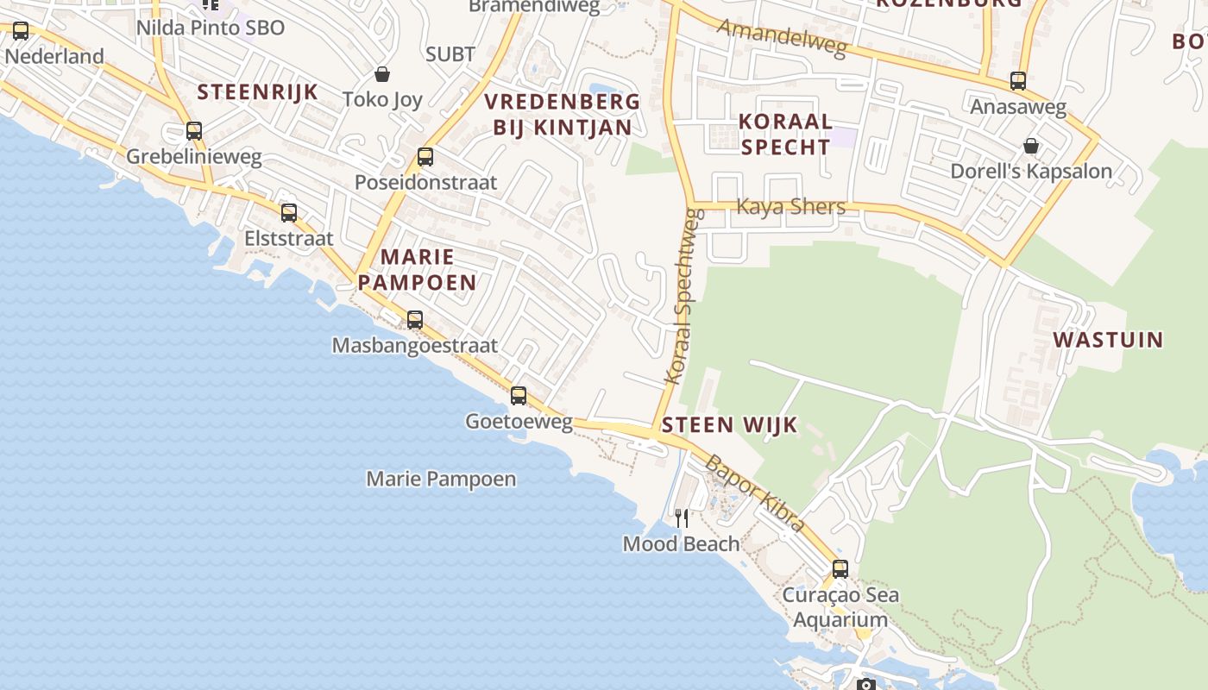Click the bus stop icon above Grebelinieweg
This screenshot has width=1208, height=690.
pos(194,131)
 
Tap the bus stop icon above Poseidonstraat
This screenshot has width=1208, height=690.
pos(425,157)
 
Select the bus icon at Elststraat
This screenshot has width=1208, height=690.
pos(289,212)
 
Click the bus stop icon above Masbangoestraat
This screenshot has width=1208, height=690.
pos(415,320)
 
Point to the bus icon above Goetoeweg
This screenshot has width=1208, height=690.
pos(519,396)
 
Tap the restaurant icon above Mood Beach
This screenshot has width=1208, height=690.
pos(682,517)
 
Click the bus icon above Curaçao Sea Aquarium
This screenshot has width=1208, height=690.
pos(840,569)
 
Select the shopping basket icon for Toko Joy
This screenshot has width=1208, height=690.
pos(382,75)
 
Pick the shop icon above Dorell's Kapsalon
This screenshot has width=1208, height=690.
pos(1030,146)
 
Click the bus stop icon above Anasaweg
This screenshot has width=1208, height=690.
pos(1018,82)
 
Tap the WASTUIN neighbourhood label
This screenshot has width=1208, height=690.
pos(1108,340)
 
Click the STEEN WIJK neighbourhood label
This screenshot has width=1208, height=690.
pos(729,425)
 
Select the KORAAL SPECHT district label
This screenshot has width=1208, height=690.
pos(785,134)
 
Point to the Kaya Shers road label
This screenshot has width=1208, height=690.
pos(790,207)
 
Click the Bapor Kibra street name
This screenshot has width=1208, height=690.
pos(755,493)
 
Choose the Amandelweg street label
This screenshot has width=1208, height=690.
pos(781,38)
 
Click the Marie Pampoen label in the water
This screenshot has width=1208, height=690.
pos(441,479)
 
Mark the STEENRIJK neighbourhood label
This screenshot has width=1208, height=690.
pos(257,92)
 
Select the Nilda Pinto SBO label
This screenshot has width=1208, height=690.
pos(210,28)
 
